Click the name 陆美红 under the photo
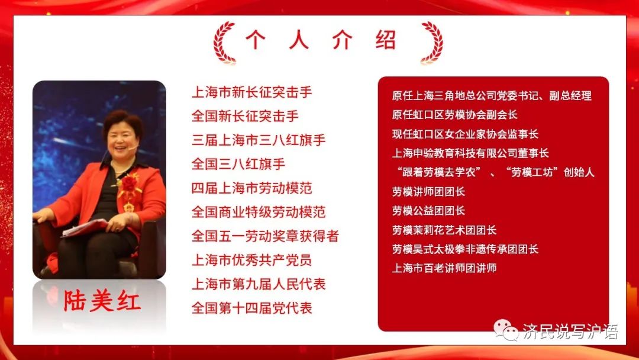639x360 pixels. tap(102, 301)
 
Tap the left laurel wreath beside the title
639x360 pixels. tap(223, 43)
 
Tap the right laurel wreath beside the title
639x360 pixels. tap(433, 43)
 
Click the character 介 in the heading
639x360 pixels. tap(342, 40)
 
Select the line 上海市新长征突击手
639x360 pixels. tap(252, 92)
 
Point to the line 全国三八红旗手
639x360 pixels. tap(238, 164)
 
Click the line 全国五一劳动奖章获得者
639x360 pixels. tap(265, 236)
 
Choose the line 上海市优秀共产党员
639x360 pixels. tap(252, 260)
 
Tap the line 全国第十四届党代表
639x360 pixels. tap(252, 308)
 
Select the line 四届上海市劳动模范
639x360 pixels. tap(252, 188)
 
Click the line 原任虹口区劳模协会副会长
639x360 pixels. tap(454, 114)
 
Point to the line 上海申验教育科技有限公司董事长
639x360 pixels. tap(470, 153)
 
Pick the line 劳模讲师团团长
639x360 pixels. tap(428, 191)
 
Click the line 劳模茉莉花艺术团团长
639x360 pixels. tap(444, 230)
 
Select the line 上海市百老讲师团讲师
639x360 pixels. tap(444, 268)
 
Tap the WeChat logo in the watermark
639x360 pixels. tap(506, 330)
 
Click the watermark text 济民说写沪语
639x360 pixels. tap(570, 332)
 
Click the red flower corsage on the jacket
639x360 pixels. tap(129, 184)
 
